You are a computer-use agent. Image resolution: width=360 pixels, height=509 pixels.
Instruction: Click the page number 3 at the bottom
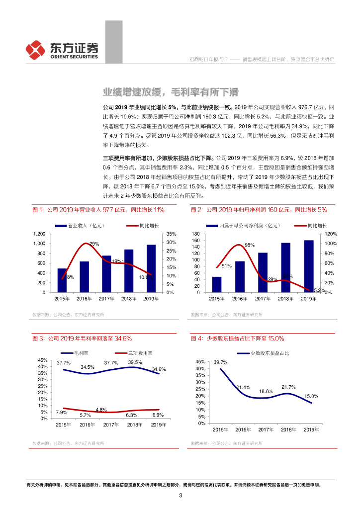pyautogui.click(x=180, y=495)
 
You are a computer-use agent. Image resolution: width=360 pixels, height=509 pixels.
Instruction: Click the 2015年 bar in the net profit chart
pyautogui.click(x=217, y=284)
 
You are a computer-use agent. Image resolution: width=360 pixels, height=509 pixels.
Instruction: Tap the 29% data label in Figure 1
pyautogui.click(x=94, y=244)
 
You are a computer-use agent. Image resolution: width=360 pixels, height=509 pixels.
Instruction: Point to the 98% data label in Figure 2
pyautogui.click(x=250, y=245)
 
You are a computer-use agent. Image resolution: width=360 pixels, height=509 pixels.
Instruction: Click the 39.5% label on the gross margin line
pyautogui.click(x=135, y=362)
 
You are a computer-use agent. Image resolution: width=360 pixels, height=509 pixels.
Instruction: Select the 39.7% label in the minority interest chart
pyautogui.click(x=220, y=362)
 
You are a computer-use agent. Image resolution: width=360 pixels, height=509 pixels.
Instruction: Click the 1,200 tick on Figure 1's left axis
pyautogui.click(x=39, y=234)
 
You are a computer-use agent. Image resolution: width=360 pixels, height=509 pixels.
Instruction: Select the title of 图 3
pyautogui.click(x=82, y=339)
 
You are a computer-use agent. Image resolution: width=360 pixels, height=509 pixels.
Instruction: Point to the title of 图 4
pyautogui.click(x=238, y=339)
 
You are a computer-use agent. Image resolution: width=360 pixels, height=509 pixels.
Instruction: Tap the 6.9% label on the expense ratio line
pyautogui.click(x=158, y=414)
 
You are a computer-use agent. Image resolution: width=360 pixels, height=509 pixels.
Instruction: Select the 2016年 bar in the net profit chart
pyautogui.click(x=240, y=276)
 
